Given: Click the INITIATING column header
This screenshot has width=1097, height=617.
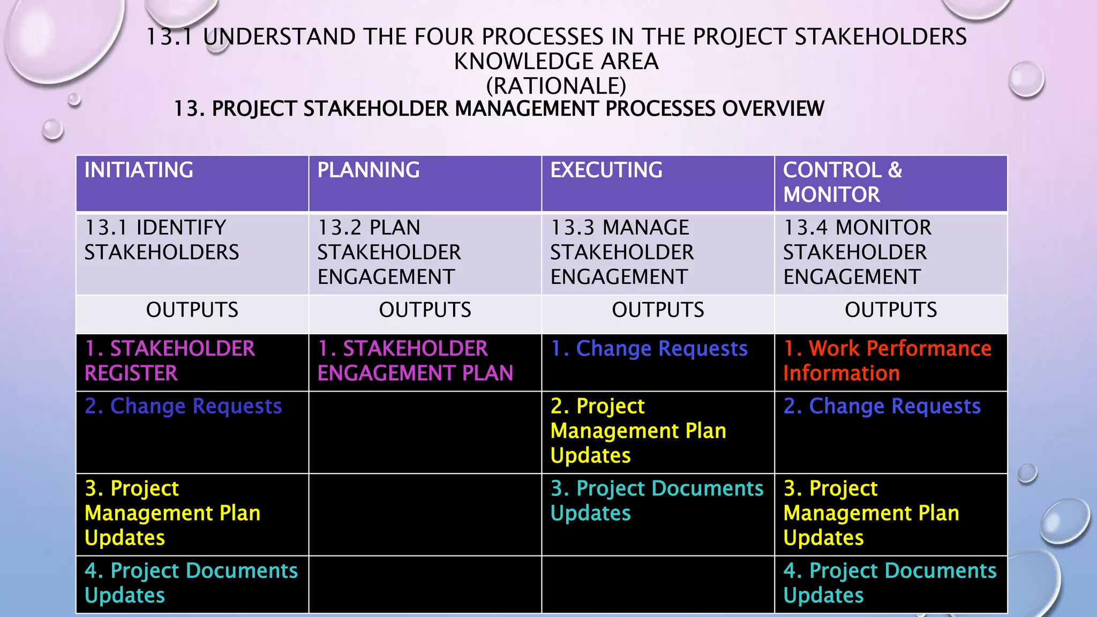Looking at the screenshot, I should tap(139, 170).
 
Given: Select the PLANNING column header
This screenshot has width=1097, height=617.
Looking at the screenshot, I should tap(369, 170).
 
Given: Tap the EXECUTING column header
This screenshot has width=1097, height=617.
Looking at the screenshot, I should tap(606, 170).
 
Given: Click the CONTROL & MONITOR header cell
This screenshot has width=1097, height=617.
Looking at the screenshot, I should tap(842, 182).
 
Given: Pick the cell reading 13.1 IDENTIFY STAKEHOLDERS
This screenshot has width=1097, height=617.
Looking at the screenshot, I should tap(162, 240).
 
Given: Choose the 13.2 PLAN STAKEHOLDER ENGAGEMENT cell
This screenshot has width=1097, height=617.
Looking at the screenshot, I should tap(389, 252).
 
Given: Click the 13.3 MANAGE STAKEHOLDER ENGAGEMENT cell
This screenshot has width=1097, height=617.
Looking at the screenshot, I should tap(621, 252).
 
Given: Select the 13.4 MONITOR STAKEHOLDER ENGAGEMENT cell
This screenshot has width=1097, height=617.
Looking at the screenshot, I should tap(857, 252).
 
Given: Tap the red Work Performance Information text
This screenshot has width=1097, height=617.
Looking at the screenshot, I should tap(887, 360).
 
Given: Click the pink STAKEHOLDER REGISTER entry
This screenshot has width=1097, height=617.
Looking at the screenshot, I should tap(170, 360).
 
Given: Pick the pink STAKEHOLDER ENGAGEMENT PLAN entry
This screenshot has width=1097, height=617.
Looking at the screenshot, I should tap(415, 360).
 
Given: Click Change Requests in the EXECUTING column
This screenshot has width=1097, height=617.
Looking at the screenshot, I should tap(649, 349).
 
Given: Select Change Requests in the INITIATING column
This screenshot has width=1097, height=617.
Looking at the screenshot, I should tap(183, 406).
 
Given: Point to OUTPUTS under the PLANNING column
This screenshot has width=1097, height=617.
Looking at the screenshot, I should tap(425, 310).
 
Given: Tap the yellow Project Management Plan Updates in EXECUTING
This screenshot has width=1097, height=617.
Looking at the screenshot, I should tap(638, 431).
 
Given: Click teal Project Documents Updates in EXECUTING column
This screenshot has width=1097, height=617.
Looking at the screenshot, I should tap(657, 500).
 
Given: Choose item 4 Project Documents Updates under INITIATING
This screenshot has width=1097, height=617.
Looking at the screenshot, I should tap(191, 583).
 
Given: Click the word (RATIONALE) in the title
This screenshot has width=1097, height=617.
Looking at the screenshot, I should tap(556, 86).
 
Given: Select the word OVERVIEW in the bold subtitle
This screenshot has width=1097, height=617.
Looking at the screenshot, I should tap(773, 109).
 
